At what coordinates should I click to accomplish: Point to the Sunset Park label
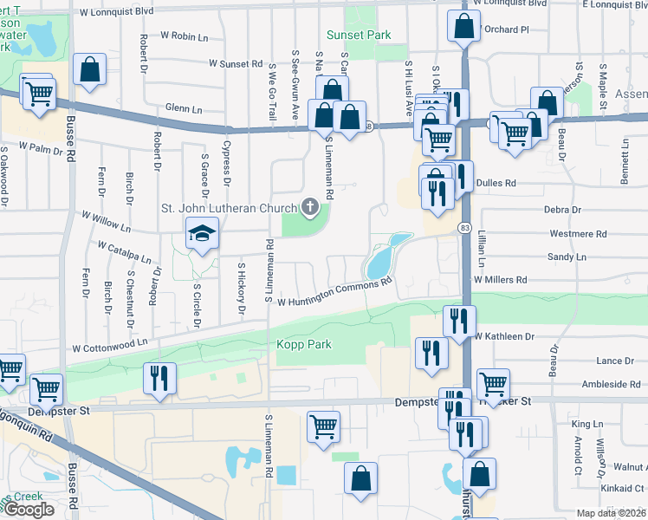point(358,36)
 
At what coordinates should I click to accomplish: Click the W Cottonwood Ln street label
point(110,345)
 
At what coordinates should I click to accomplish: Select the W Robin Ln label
point(185,36)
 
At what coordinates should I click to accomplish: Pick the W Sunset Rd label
point(237,64)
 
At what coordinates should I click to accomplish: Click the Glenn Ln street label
point(184,110)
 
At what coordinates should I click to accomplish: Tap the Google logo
point(29,510)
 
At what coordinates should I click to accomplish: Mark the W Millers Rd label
point(501,280)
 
